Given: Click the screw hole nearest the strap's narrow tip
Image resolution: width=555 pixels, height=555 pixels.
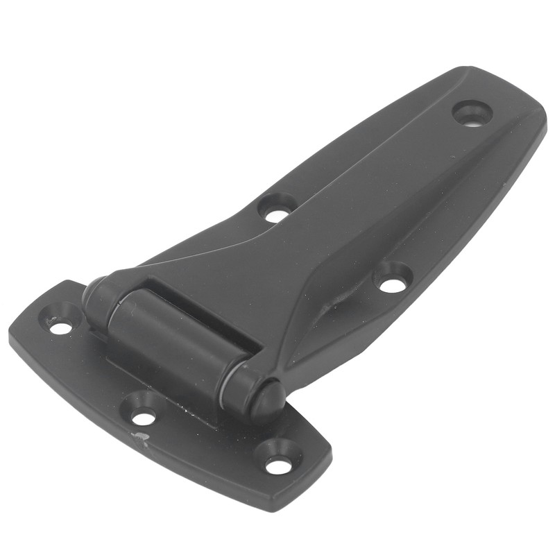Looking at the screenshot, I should click(x=472, y=113).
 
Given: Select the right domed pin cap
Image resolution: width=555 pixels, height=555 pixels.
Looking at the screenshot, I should click(x=266, y=401).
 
